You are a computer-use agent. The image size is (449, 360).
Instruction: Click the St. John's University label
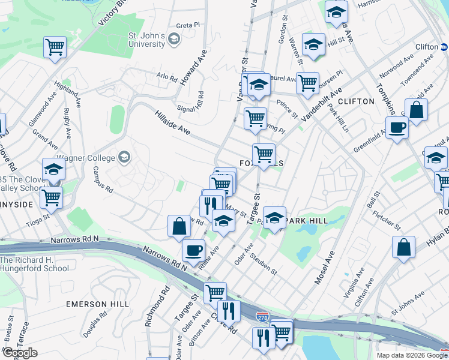pos(146,40)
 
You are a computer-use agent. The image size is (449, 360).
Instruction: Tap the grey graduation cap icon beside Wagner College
pos(124,157)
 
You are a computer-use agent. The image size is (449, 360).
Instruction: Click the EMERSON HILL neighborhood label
pos(98,304)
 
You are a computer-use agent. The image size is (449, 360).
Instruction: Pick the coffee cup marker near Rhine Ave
pos(193,250)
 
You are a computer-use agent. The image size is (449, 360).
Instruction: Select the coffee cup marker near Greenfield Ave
pos(397,128)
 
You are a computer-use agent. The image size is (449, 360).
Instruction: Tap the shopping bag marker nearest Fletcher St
pos(404,246)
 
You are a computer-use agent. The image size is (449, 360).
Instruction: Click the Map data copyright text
pos(412,355)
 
